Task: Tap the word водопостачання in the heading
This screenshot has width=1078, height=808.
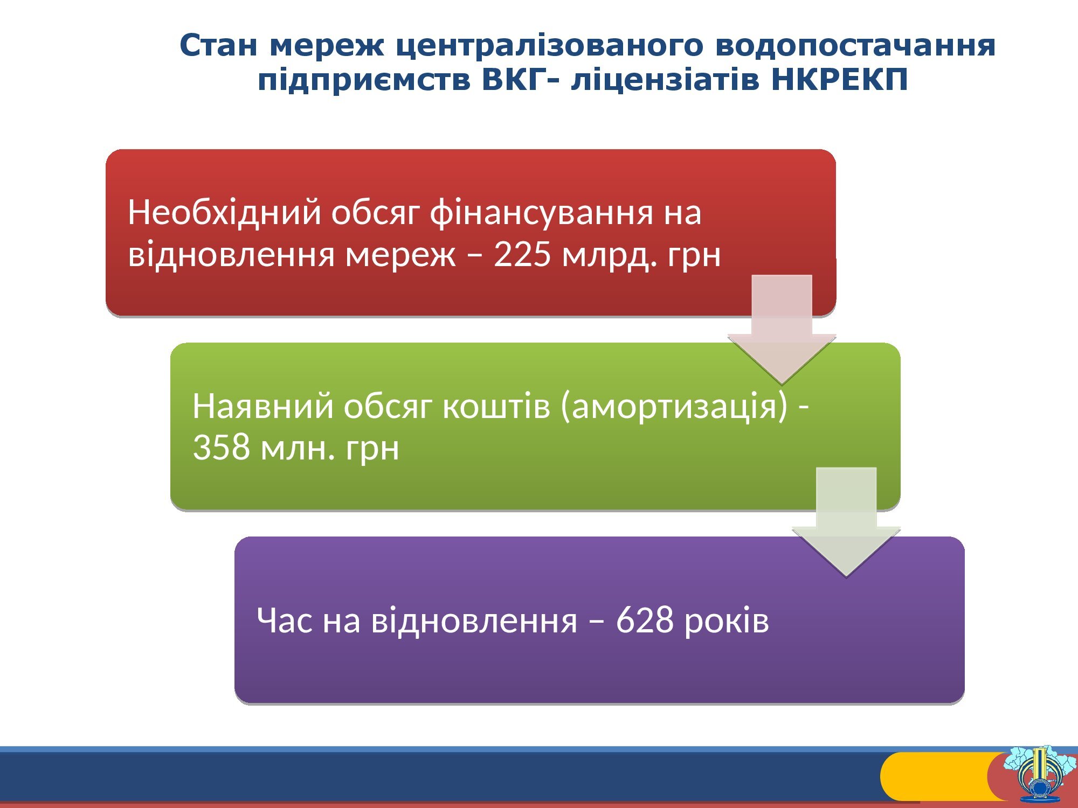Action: (x=855, y=46)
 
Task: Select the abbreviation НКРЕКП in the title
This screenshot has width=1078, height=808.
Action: (x=840, y=80)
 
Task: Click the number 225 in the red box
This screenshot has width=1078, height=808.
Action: (x=522, y=254)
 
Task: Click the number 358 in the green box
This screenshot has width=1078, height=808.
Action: (x=221, y=448)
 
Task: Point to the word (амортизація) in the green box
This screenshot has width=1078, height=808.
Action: (x=674, y=407)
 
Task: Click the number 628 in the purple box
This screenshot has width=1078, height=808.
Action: (x=645, y=620)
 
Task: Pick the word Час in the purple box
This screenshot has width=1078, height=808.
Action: (x=285, y=620)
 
